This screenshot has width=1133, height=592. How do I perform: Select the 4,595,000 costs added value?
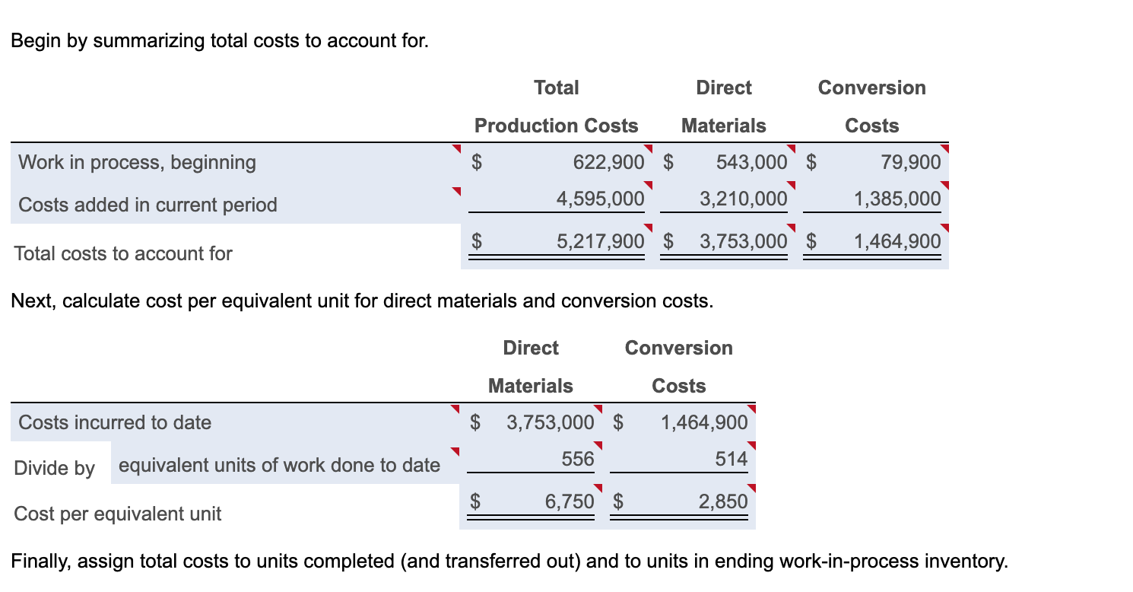(x=600, y=199)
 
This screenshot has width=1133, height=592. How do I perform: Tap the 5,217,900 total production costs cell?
(x=600, y=242)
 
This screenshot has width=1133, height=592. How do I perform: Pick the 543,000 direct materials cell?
(x=751, y=162)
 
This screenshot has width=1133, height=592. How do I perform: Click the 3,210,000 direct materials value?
(x=743, y=199)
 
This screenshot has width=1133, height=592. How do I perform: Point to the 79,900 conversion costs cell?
(x=910, y=162)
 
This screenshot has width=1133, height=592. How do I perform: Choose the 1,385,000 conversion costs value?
(x=897, y=199)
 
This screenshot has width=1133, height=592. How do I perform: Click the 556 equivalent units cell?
(x=578, y=459)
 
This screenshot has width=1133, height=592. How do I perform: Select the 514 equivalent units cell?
(x=732, y=459)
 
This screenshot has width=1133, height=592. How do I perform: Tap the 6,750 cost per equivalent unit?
(x=570, y=501)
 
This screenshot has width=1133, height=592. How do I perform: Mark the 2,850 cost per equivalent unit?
(x=723, y=501)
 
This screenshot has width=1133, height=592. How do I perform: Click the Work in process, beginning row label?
(x=137, y=162)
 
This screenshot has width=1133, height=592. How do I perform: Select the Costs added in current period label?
(x=148, y=205)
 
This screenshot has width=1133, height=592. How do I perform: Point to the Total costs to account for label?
(x=123, y=253)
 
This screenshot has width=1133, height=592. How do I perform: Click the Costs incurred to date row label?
(x=115, y=422)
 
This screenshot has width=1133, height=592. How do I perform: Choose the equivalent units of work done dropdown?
(x=279, y=465)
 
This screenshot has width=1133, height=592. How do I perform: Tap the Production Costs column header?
(x=556, y=126)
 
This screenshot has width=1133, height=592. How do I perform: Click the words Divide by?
(x=54, y=468)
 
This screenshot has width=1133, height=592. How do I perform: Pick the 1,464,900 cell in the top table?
(x=897, y=242)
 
